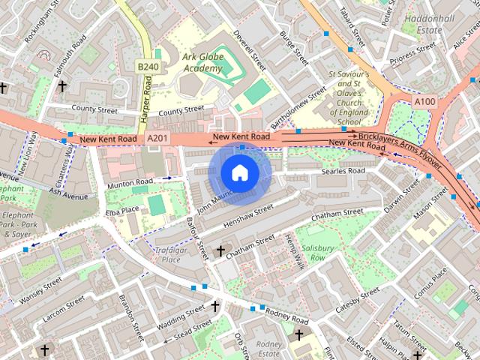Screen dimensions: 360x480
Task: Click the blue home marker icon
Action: tap(238, 173)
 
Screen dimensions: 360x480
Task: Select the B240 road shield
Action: tap(148, 67)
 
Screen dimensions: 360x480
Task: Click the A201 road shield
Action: tap(157, 139)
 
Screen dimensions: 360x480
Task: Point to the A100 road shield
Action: tap(424, 100)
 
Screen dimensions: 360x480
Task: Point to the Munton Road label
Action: tap(130, 181)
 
